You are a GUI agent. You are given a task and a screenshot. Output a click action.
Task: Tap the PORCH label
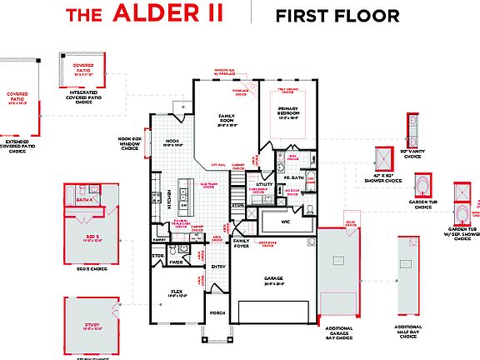217,313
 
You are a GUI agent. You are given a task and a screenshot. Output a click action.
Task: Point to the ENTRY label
218,267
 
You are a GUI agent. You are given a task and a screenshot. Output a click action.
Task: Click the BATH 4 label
83,200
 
